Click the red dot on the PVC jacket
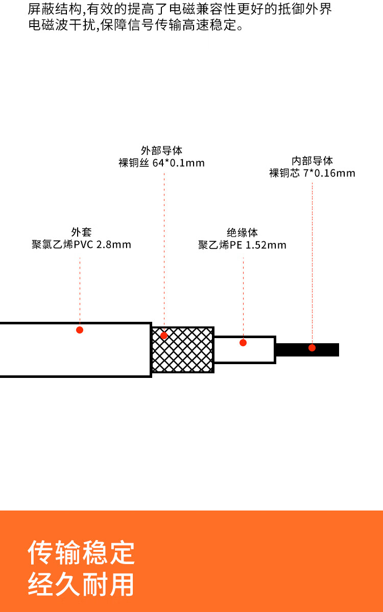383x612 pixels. tap(80, 330)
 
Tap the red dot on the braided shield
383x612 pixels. tap(164, 336)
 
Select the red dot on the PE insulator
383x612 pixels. tap(243, 343)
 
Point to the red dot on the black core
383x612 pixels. tap(312, 348)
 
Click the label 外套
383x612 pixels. tap(81, 232)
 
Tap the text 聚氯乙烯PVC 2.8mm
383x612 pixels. tap(81, 245)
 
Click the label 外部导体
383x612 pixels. tap(161, 150)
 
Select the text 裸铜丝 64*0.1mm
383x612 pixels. tap(161, 163)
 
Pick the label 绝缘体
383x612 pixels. tap(243, 233)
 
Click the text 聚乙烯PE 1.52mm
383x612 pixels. tap(243, 245)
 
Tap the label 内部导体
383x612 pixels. tap(312, 161)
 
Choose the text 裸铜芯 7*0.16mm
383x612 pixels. tap(312, 173)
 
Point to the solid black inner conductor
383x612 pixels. tap(327, 350)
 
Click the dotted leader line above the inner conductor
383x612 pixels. tap(312, 255)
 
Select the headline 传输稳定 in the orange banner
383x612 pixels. tap(81, 552)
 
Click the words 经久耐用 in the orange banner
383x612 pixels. tap(81, 584)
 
